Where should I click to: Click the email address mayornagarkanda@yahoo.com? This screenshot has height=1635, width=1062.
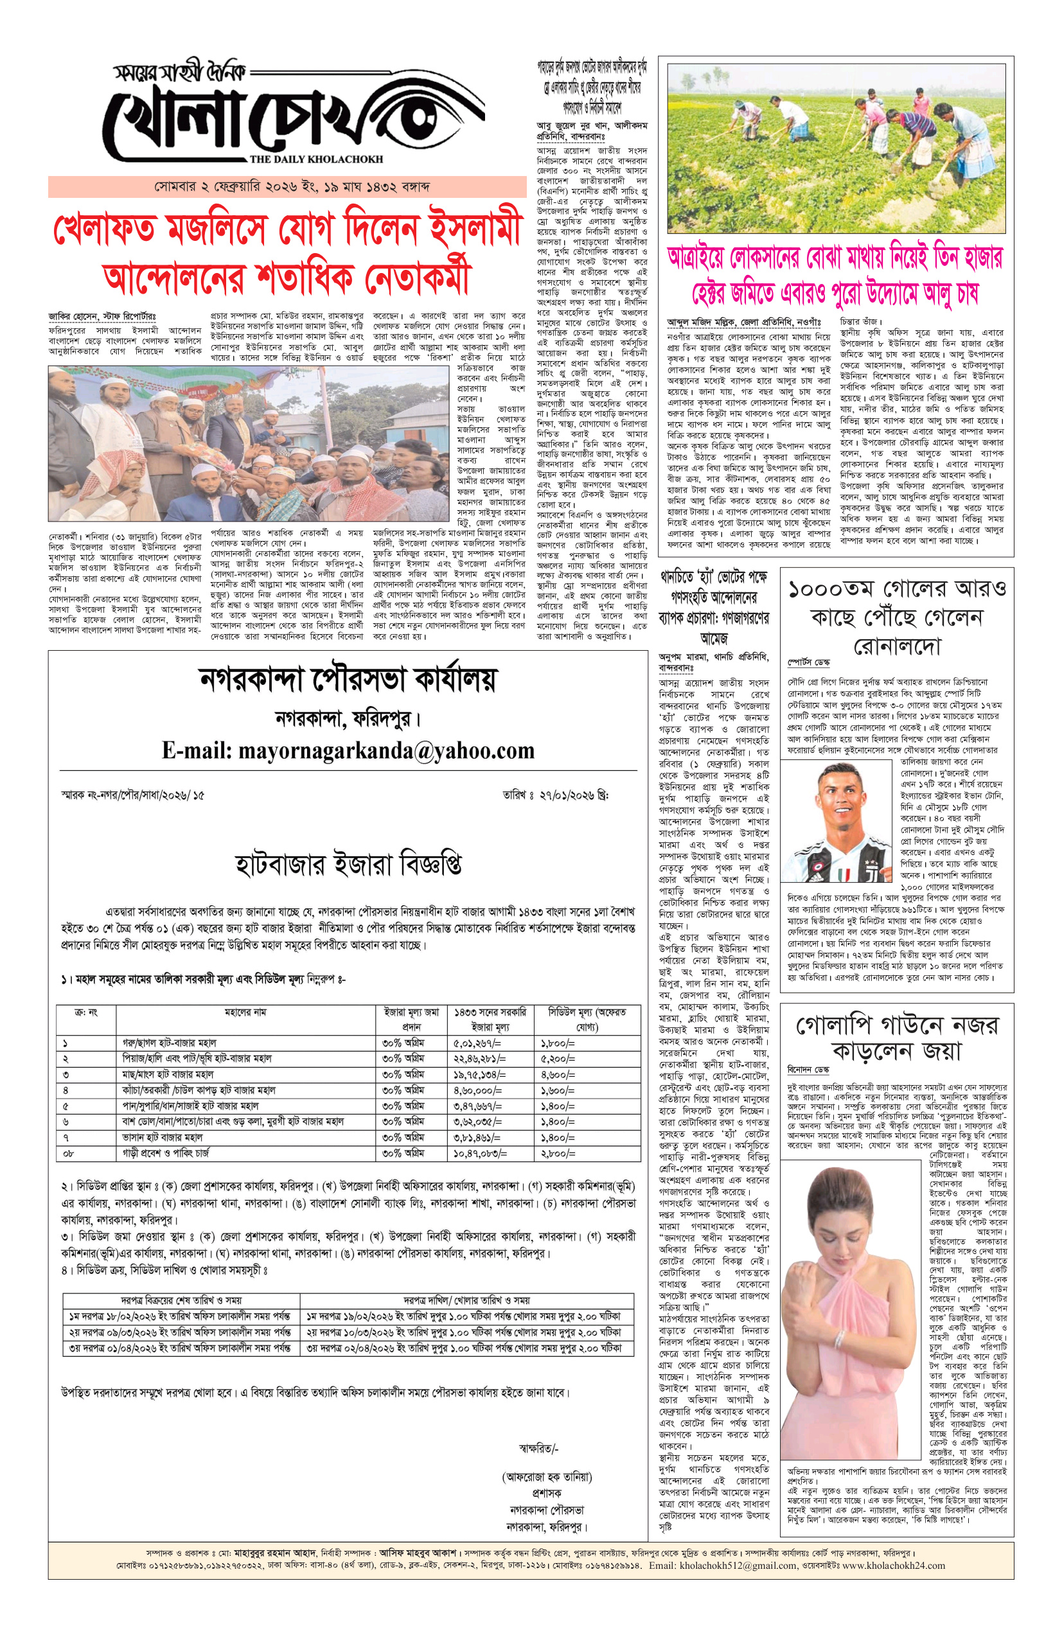click(x=348, y=750)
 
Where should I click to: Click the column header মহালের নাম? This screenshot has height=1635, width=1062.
click(x=245, y=1012)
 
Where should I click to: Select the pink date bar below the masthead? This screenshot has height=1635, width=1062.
click(x=287, y=187)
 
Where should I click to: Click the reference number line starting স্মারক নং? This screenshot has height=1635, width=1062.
click(x=132, y=795)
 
